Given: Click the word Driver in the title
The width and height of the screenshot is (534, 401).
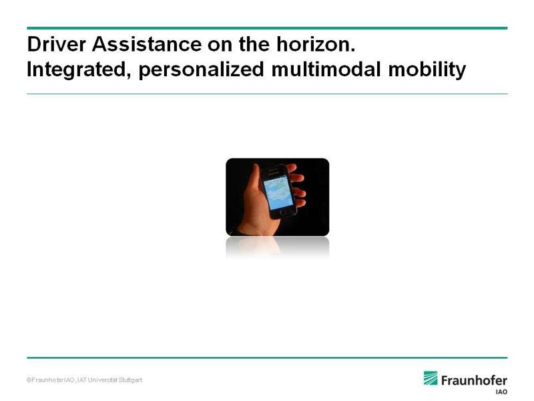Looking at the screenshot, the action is (57, 44).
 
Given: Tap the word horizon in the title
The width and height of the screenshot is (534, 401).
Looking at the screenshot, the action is (316, 44).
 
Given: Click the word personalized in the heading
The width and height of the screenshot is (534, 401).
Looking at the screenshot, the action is (202, 70).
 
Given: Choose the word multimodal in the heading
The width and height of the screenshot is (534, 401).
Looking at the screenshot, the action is (326, 70).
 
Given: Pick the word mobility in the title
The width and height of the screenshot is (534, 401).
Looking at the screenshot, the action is (427, 70).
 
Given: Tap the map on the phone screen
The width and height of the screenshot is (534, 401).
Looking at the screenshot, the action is (278, 192).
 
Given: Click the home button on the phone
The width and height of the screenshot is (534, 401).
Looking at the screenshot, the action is (284, 213).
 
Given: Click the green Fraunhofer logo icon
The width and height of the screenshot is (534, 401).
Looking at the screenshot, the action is (431, 378).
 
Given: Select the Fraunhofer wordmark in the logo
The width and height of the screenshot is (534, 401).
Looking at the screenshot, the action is (474, 380).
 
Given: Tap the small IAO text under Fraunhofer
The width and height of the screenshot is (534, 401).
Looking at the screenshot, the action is (501, 392).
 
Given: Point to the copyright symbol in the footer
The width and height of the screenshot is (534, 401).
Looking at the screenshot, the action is (29, 380).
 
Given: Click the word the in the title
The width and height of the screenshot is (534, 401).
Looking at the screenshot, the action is (254, 44).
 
